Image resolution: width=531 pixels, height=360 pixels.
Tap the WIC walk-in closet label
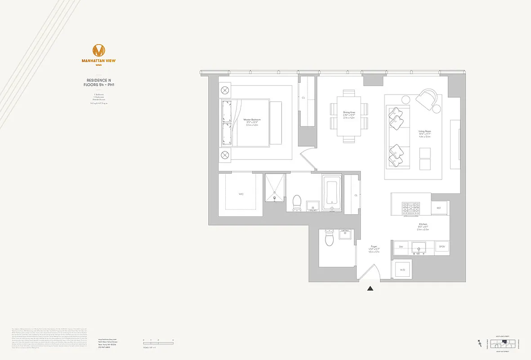tap(241, 194)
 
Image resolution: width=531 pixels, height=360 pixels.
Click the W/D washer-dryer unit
tap(402, 270)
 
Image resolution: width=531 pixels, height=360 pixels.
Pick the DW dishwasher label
tap(400, 247)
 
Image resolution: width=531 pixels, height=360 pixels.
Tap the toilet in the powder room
tap(329, 239)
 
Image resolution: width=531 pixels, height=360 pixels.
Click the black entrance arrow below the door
tap(370, 289)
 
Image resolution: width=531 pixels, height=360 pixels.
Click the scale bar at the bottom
tap(159, 343)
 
